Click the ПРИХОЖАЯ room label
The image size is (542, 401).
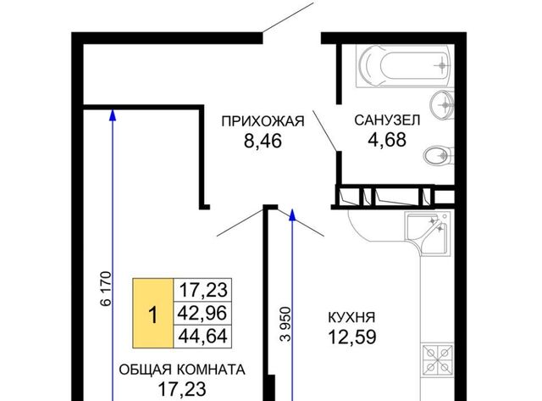pos(263,121)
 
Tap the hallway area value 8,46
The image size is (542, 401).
pos(263,141)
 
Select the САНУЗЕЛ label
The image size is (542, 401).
pos(387,120)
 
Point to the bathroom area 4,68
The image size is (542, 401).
pos(387,140)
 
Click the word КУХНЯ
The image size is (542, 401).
pos(351,317)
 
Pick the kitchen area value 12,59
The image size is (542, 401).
pos(352,337)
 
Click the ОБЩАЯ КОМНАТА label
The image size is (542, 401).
pos(182,370)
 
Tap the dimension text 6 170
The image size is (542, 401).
pos(106,289)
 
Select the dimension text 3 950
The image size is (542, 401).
pos(286,324)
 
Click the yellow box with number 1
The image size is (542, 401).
pos(152,313)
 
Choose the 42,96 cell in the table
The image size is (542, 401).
pos(202,313)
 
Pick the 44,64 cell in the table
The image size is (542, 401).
pos(202,337)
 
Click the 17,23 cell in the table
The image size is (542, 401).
pos(202,290)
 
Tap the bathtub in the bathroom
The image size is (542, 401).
pos(405,66)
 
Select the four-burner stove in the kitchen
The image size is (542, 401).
pos(437,359)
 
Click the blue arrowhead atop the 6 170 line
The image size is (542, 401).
pos(113,114)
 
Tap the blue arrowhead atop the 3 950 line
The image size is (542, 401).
pos(292,214)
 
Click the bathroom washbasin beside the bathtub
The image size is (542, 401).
pos(442,104)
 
